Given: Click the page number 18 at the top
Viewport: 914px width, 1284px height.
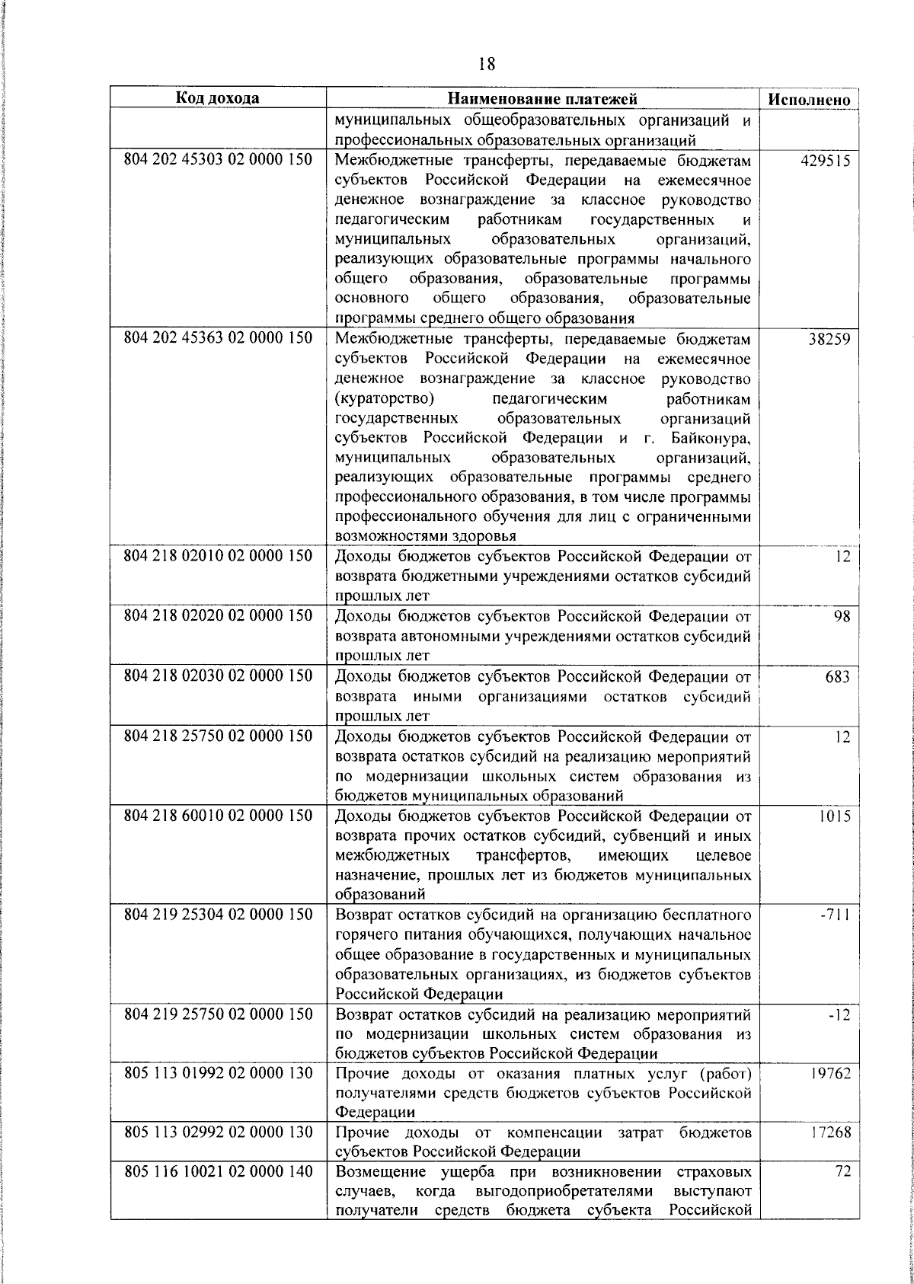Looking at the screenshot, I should point(487,64).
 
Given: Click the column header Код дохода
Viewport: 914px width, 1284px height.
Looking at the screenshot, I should point(218,98).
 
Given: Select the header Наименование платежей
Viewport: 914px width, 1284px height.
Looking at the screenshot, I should point(542,99).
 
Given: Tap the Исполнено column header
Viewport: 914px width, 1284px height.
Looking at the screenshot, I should point(809,100).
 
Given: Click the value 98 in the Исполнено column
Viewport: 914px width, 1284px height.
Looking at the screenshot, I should point(841,616).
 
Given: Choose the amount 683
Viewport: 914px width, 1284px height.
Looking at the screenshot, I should point(836,676).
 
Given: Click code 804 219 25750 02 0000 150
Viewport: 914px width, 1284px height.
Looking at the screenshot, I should point(218,1014).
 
